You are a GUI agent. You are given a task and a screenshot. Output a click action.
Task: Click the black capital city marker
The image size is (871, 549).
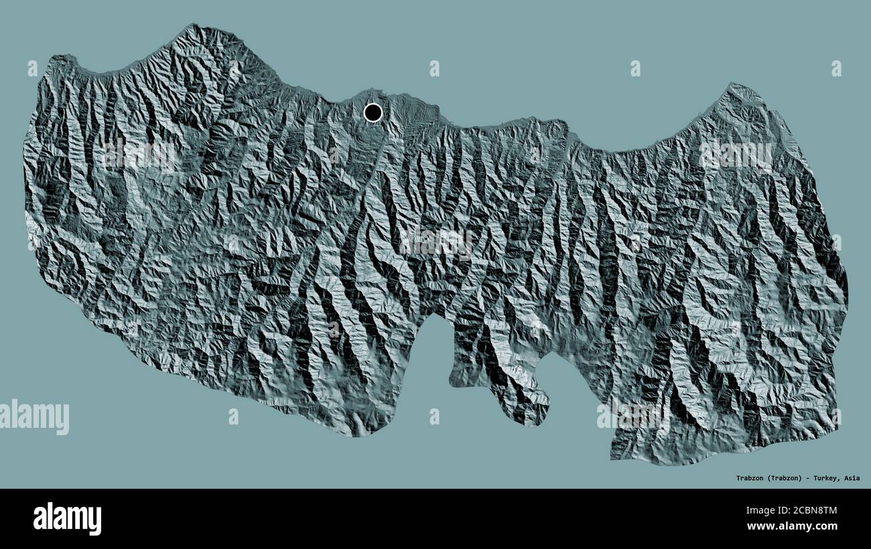[373, 112]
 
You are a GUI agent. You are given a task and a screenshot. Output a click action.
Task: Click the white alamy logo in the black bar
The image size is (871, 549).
[67, 518]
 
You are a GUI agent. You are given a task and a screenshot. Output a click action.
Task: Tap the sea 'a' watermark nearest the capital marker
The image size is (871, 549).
[434, 68]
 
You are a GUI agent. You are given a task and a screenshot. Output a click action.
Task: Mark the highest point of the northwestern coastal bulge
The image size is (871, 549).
[194, 27]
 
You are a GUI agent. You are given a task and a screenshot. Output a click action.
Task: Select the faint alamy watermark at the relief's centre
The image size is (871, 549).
[435, 242]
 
